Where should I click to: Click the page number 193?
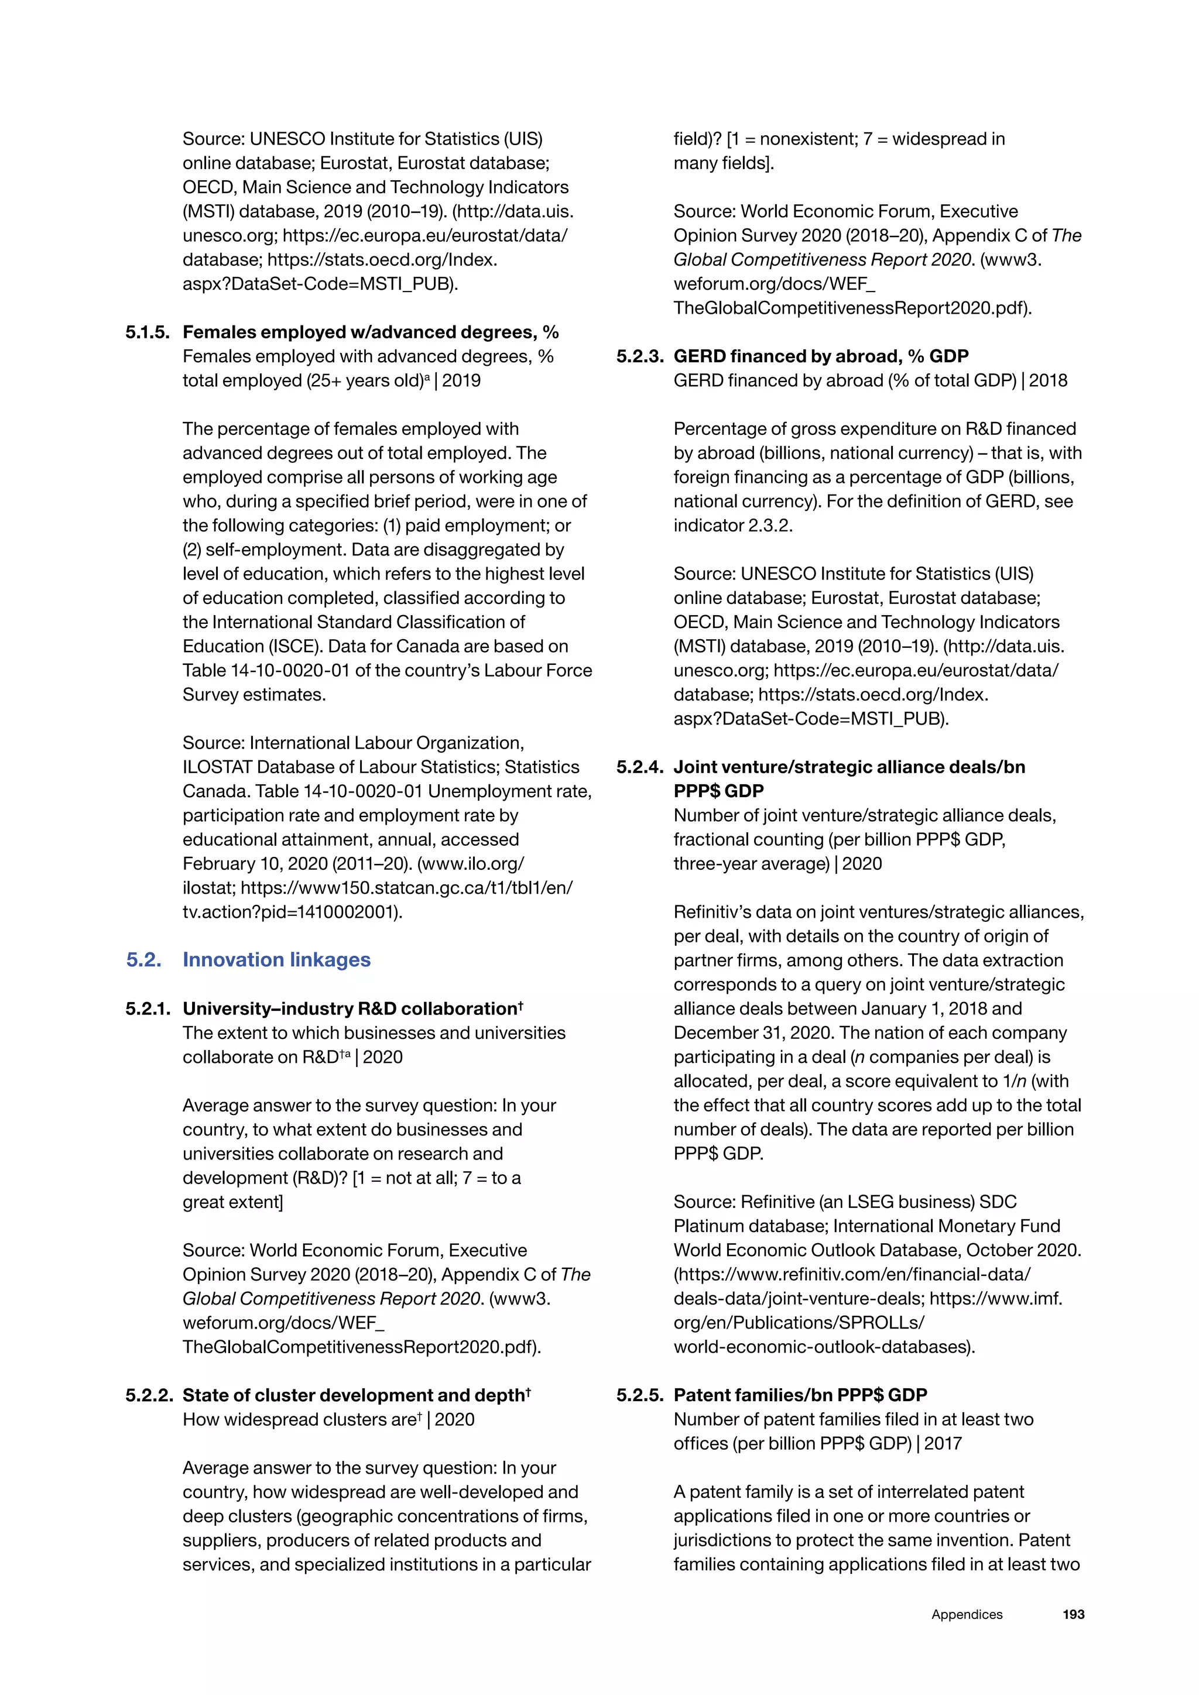[1073, 1615]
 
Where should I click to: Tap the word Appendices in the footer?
[967, 1615]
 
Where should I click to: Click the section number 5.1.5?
[148, 332]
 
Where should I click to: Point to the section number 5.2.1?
[148, 1008]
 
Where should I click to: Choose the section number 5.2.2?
[148, 1395]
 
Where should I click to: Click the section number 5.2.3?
[639, 356]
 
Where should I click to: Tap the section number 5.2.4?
[639, 767]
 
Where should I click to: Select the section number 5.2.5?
[639, 1395]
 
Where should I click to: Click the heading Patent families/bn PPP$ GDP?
[800, 1395]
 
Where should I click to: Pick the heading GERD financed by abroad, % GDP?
[820, 356]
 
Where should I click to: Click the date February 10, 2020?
[254, 864]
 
